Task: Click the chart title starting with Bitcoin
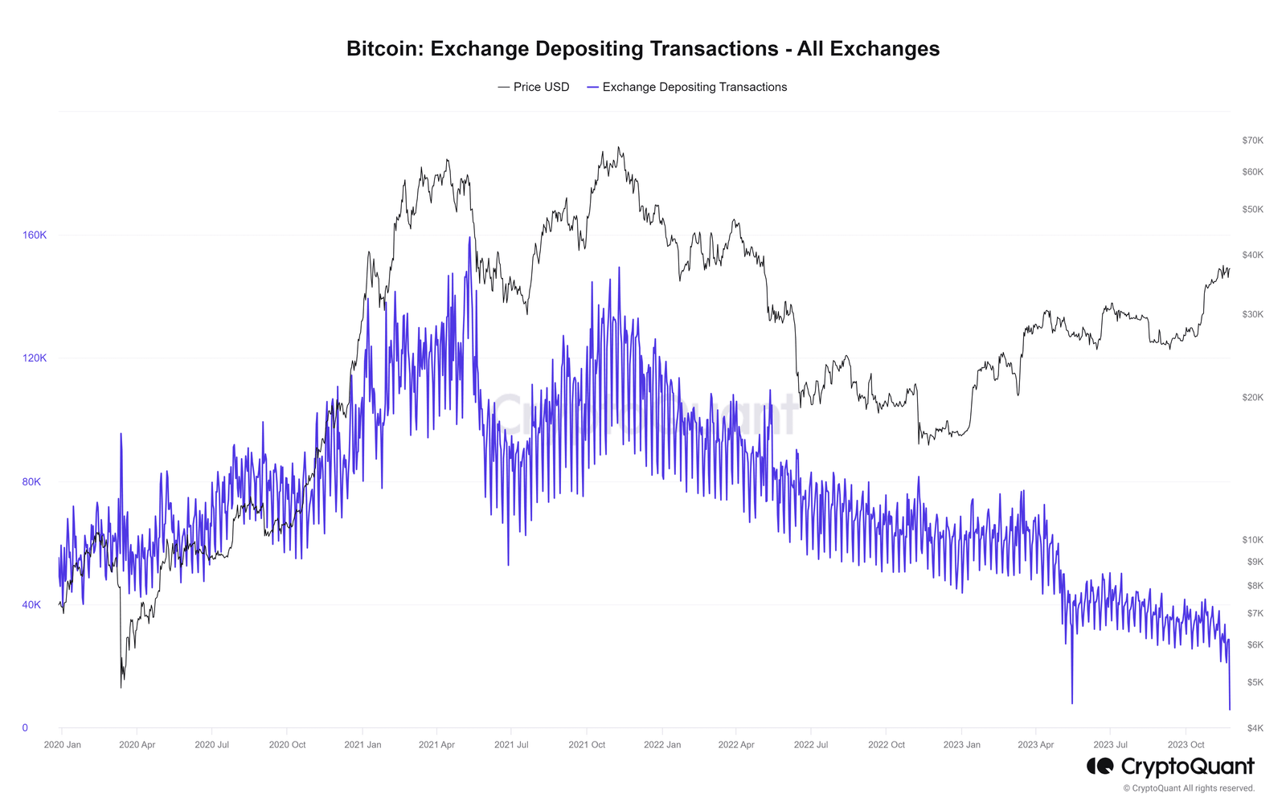tap(643, 49)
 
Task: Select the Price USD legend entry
tap(534, 87)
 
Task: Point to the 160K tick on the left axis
tap(35, 235)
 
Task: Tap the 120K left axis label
tap(35, 358)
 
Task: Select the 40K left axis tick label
tap(31, 605)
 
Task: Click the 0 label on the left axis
tap(25, 728)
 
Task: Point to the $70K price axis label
tap(1252, 141)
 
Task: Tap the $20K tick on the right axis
tap(1252, 398)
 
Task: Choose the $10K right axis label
tap(1252, 540)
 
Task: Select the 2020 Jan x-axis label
tap(63, 745)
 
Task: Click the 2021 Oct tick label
tap(587, 745)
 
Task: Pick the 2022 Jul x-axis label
tap(811, 745)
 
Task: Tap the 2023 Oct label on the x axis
tap(1186, 745)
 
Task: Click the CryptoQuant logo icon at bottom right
tap(1100, 766)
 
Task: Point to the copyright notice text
tap(1189, 788)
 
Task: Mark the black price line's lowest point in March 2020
tap(121, 687)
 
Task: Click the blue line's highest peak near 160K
tap(469, 238)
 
